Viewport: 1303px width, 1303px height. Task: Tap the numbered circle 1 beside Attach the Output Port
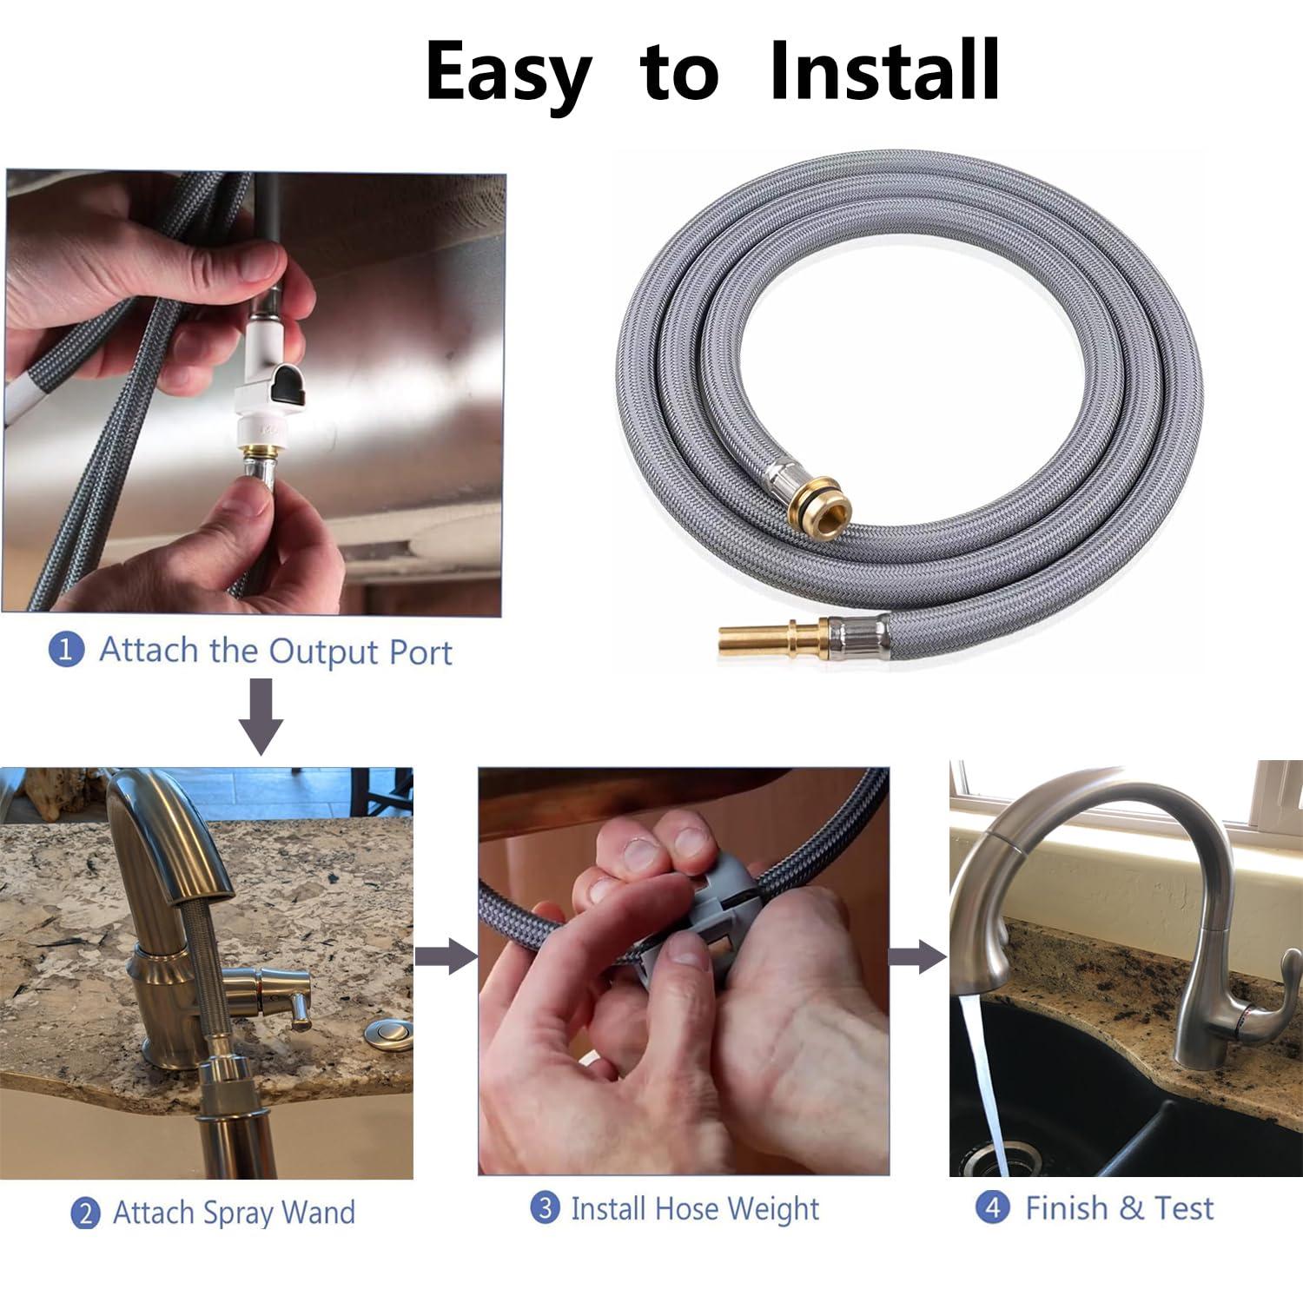(65, 650)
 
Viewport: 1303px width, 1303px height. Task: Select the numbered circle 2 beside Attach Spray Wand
(84, 1213)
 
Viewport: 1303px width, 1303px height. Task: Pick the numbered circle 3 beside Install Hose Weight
(545, 1207)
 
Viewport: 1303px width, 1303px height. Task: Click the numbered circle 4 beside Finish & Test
(991, 1207)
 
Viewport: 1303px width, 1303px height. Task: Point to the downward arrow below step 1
(261, 717)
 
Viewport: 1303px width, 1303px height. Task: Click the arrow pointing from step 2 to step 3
(446, 957)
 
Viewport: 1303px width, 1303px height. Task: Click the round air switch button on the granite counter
(380, 1035)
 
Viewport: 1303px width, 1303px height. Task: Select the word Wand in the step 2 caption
(321, 1212)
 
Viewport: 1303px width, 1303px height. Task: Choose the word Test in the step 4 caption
(1183, 1207)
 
